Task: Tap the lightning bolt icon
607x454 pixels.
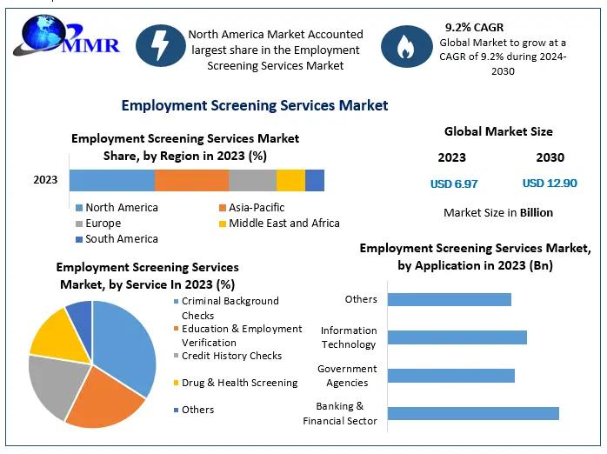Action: (x=161, y=46)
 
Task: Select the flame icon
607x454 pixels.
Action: (x=406, y=46)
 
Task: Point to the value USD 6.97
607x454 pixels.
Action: (x=454, y=184)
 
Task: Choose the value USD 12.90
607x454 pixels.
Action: (x=550, y=184)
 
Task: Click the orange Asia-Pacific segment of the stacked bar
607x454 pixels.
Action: (x=191, y=180)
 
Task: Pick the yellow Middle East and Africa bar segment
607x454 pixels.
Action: (x=290, y=180)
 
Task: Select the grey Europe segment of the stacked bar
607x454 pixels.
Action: (x=252, y=180)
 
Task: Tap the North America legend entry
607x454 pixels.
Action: (x=121, y=208)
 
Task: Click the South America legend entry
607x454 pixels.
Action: (x=121, y=239)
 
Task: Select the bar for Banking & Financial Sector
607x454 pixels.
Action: (x=473, y=413)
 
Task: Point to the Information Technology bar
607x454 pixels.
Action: (x=457, y=337)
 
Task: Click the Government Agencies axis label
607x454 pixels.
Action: (x=347, y=376)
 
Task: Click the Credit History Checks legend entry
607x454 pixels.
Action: (x=231, y=356)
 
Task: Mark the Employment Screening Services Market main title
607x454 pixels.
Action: (x=255, y=105)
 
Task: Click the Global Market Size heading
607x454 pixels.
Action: (x=498, y=132)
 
